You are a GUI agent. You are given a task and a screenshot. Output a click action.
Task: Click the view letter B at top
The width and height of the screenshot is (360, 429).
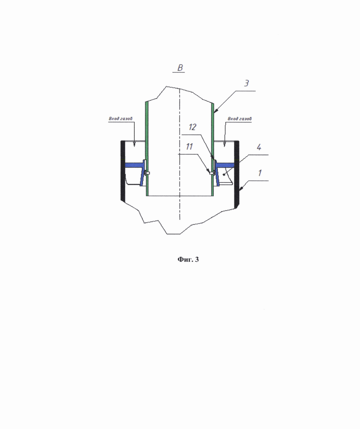coord(180,67)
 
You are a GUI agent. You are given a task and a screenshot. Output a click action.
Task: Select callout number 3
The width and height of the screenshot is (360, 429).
coord(246,83)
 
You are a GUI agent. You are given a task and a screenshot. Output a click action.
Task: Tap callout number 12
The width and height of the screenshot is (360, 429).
coord(192,127)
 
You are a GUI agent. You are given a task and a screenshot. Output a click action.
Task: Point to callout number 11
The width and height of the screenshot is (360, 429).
coord(189,147)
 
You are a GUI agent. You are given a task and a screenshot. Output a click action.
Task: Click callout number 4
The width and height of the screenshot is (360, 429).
coord(259,147)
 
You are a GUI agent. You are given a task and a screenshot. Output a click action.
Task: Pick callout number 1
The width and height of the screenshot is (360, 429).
coord(260,173)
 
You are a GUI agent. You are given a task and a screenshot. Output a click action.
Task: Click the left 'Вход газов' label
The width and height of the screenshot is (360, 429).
coord(120,119)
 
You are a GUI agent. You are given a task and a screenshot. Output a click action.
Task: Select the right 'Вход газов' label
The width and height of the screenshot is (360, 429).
coord(240,119)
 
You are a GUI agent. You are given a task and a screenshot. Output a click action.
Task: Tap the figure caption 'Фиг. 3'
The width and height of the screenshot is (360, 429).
coord(188,260)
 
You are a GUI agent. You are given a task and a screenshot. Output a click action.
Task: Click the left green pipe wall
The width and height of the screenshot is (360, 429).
coord(147,149)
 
